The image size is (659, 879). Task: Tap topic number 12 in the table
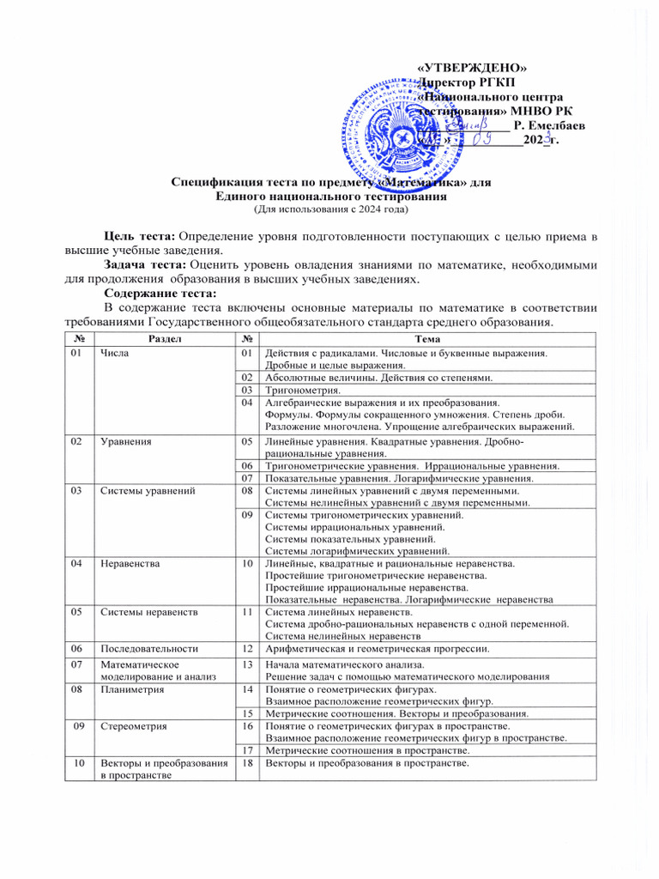tap(246, 649)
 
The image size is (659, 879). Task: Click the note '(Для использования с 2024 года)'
tap(330, 209)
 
